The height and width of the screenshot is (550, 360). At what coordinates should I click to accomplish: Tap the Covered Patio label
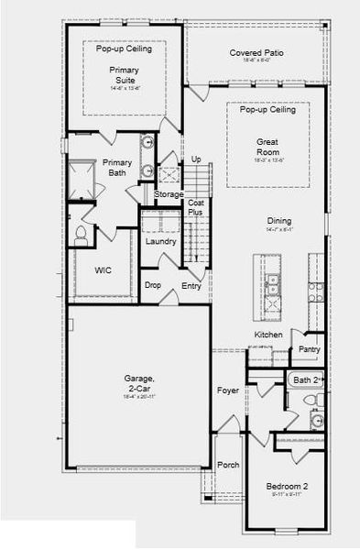click(256, 54)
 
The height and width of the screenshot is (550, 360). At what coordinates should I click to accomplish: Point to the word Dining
click(280, 221)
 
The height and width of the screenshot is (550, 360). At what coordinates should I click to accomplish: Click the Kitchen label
click(267, 335)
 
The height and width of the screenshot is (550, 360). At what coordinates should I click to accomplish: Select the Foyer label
click(227, 389)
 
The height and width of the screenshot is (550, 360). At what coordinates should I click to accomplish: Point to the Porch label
click(228, 465)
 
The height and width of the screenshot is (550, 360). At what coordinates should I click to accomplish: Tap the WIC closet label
click(104, 271)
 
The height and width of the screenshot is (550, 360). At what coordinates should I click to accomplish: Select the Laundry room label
click(159, 242)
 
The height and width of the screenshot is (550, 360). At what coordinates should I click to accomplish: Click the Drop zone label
click(153, 286)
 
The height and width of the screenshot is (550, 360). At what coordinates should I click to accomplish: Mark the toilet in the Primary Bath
click(80, 235)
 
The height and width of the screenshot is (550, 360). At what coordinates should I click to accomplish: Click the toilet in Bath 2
click(309, 401)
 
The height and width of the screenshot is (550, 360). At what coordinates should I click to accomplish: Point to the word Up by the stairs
click(195, 160)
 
